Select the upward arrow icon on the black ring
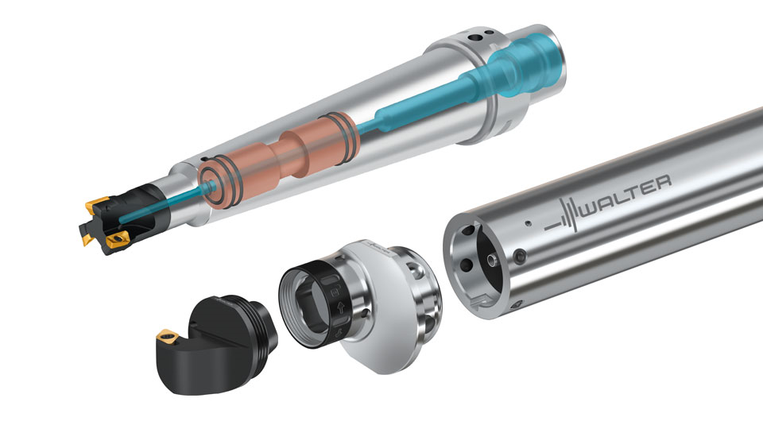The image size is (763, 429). point(340,307)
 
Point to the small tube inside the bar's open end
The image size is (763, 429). point(493,261)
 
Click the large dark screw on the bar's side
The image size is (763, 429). point(520,257)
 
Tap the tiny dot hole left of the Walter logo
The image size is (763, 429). point(528,224)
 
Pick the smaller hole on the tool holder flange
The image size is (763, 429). point(489,33)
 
